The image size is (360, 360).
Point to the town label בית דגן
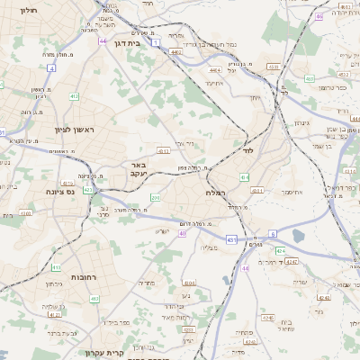pyautogui.click(x=128, y=42)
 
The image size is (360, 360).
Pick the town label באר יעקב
pyautogui.click(x=138, y=170)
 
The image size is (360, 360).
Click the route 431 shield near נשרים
pyautogui.click(x=232, y=239)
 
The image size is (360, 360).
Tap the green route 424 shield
pyautogui.click(x=280, y=249)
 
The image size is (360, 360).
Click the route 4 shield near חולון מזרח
pyautogui.click(x=51, y=67)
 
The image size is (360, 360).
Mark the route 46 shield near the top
pyautogui.click(x=319, y=16)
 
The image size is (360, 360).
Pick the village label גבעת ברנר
pyautogui.click(x=60, y=332)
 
